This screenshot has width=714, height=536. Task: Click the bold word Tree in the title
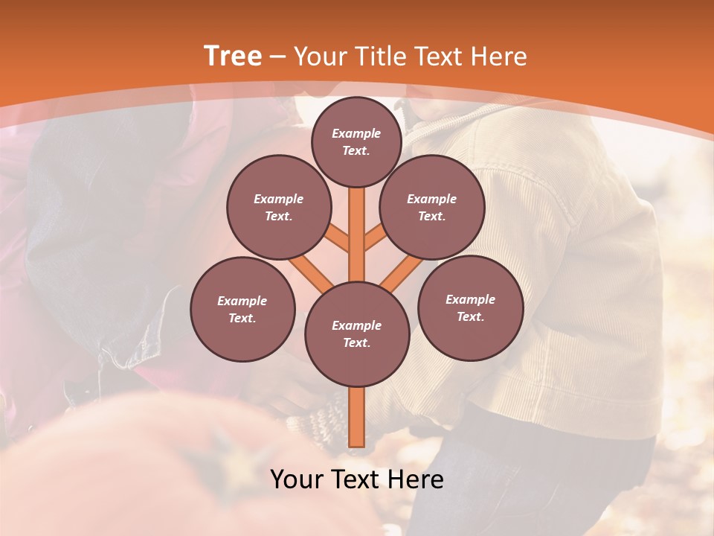[233, 57]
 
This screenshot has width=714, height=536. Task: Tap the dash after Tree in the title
[277, 57]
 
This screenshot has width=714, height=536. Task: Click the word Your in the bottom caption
[297, 480]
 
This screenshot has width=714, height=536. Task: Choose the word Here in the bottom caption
[415, 480]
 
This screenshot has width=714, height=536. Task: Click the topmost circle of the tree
[356, 141]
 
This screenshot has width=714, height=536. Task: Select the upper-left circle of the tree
[278, 207]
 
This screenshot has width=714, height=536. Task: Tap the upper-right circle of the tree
[431, 207]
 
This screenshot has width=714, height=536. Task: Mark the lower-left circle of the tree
[242, 309]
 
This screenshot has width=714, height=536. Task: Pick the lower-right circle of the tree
[470, 307]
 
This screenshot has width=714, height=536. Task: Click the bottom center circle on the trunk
[357, 334]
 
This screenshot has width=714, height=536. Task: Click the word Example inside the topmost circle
[356, 133]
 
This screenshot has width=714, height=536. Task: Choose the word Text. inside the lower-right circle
[470, 316]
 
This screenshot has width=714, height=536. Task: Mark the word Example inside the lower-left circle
[242, 301]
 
